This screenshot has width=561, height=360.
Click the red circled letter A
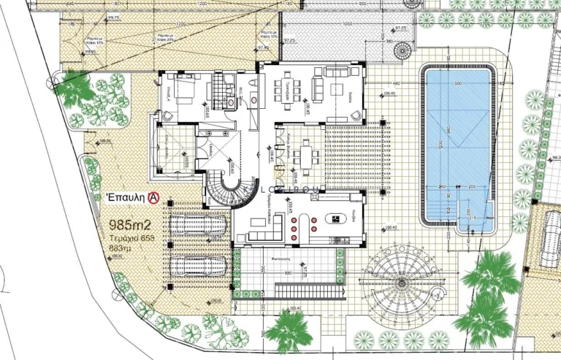click(154, 197)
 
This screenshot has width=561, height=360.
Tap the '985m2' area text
click(130, 224)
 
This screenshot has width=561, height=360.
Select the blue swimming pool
click(458, 146)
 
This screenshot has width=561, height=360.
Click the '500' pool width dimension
click(457, 83)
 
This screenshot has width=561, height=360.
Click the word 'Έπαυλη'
click(126, 197)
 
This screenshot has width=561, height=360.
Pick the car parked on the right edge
click(549, 238)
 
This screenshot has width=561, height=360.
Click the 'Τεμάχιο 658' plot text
click(132, 237)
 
